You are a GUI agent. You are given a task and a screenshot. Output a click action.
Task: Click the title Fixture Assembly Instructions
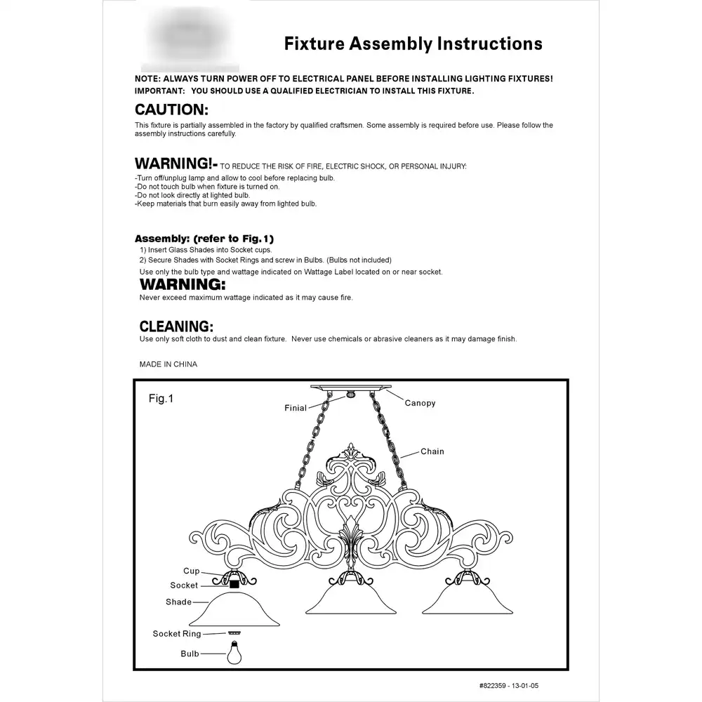(413, 44)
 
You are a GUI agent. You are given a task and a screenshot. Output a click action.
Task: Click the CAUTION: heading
(171, 110)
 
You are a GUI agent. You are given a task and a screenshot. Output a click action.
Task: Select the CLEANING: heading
(176, 326)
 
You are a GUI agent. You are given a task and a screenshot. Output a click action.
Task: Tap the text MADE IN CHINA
(168, 364)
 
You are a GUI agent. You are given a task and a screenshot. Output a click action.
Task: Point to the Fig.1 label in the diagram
(161, 399)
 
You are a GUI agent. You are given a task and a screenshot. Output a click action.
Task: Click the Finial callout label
(296, 407)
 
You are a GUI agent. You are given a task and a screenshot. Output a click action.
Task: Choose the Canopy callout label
(420, 403)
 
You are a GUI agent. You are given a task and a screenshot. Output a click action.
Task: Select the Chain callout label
(432, 451)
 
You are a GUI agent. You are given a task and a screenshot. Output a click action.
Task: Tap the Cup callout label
(192, 571)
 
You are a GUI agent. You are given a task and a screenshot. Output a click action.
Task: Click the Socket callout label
(184, 585)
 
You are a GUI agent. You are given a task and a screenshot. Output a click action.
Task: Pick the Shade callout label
(179, 602)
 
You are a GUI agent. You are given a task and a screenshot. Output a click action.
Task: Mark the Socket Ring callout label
(177, 634)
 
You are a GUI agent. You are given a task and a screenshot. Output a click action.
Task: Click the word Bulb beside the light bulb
(190, 654)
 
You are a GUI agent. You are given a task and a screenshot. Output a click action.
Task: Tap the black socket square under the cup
(234, 583)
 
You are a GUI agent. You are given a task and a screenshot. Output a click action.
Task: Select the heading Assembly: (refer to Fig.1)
(204, 238)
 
